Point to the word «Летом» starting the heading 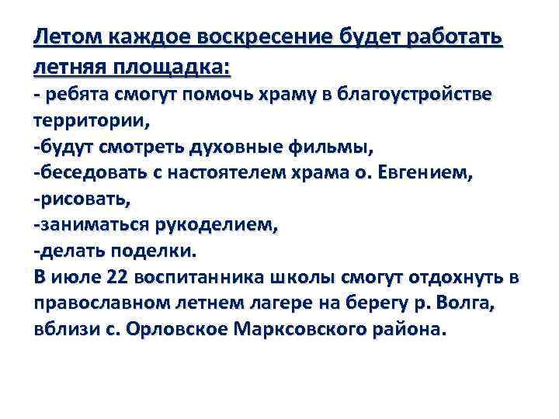pyautogui.click(x=68, y=37)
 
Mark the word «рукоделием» pyautogui.click(x=224, y=225)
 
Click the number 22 pyautogui.click(x=121, y=277)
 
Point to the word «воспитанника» pyautogui.click(x=202, y=277)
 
